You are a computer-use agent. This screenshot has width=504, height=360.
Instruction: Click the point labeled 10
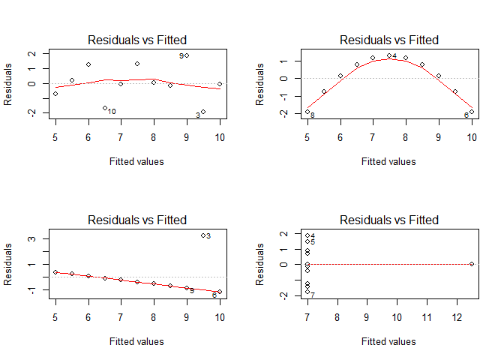[104, 108]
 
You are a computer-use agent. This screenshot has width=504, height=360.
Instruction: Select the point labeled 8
[307, 112]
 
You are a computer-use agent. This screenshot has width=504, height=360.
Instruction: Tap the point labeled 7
[307, 292]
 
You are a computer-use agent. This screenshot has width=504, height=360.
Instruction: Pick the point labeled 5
[307, 241]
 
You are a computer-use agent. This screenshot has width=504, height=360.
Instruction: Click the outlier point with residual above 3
[203, 235]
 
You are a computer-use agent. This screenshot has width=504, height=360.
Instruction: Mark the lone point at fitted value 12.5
[472, 264]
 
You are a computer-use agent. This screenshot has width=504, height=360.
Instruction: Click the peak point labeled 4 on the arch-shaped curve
[389, 55]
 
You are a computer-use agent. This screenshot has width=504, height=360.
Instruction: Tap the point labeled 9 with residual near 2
[187, 55]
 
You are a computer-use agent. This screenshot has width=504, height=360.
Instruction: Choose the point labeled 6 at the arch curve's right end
[472, 112]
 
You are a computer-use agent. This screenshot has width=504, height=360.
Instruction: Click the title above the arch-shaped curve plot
[388, 40]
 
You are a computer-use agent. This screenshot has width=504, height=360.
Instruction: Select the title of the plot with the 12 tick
[388, 220]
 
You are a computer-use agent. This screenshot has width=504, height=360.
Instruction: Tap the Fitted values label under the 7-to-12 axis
[388, 341]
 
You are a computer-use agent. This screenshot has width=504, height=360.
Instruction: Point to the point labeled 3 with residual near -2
[203, 112]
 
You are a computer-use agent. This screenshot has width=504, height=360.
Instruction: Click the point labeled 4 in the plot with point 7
[307, 235]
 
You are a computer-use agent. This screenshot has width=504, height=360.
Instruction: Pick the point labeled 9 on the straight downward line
[187, 288]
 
